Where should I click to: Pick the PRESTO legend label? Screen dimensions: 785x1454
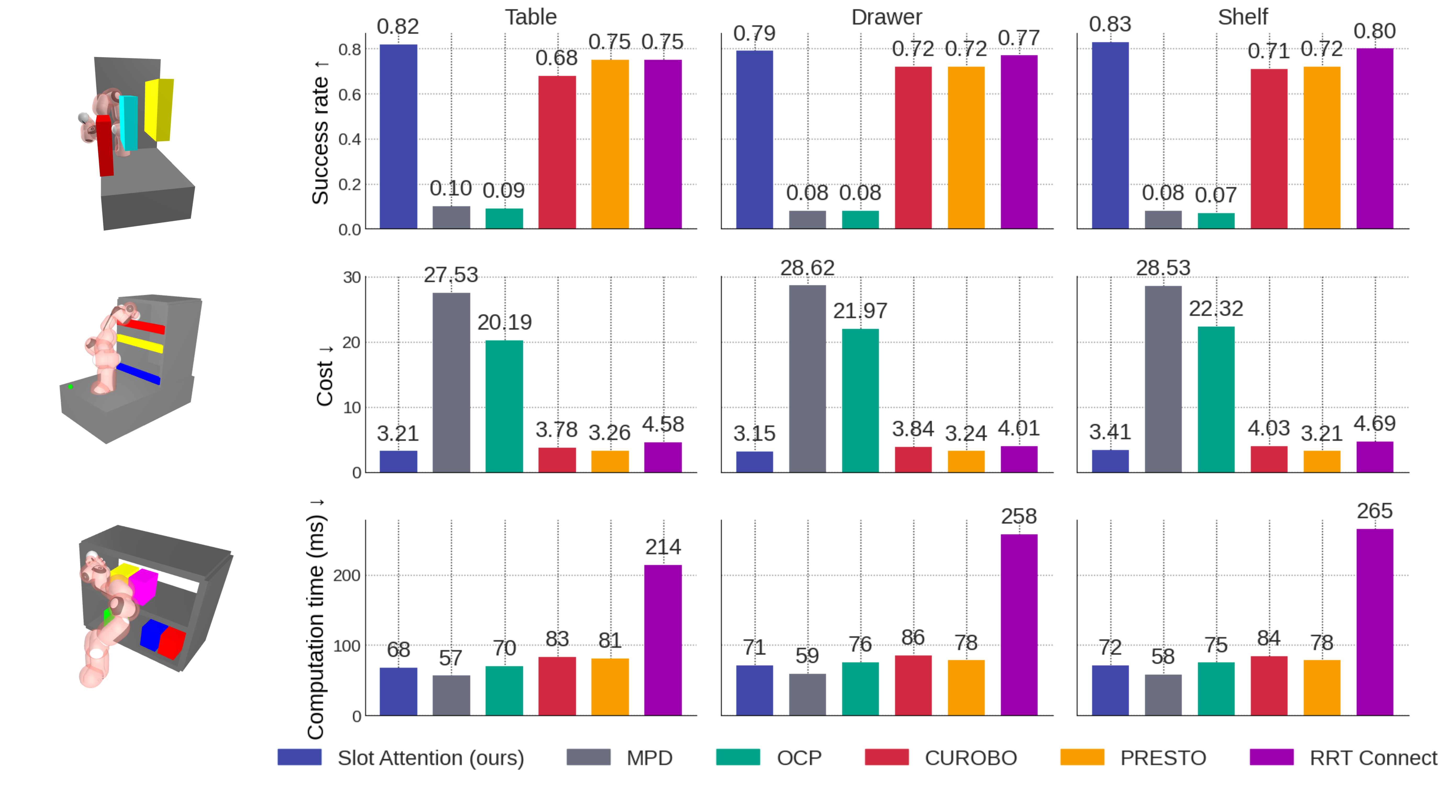(1163, 757)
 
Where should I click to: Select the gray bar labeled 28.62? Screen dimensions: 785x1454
(807, 378)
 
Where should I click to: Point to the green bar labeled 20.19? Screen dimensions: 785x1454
(504, 406)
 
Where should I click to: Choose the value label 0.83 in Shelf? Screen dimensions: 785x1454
(1110, 24)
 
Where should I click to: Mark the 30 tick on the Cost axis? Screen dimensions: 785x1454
(352, 277)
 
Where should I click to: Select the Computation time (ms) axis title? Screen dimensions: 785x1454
(316, 618)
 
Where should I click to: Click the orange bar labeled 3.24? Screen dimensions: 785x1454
(966, 461)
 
